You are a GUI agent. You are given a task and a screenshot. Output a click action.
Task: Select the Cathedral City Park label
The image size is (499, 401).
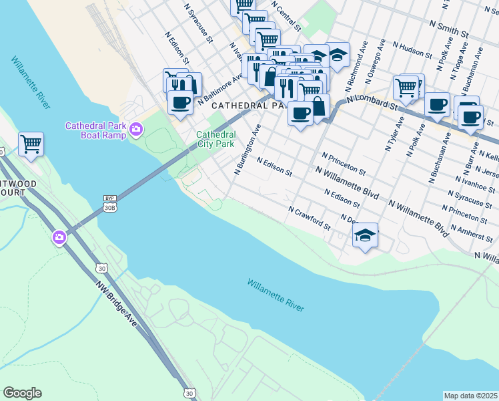(215, 138)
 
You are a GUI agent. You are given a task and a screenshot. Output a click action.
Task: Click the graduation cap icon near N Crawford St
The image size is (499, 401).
(366, 235)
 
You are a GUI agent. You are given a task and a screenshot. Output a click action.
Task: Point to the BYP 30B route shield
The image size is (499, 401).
(111, 203)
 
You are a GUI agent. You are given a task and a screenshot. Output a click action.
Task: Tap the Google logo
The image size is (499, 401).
(22, 393)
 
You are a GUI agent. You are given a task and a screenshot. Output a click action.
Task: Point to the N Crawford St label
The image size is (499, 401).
(310, 218)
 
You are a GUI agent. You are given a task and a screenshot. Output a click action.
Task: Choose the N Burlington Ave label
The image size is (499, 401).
(245, 148)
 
